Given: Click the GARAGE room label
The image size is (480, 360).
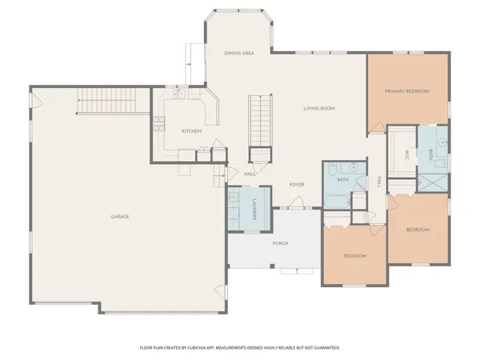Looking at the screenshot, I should pos(120,217).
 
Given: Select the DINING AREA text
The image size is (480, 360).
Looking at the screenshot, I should pos(239,53).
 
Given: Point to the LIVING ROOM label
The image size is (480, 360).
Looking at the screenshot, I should pos(318,108).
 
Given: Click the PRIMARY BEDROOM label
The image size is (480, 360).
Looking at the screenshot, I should pos(406,91).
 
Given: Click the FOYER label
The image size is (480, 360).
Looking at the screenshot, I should pos(297,185).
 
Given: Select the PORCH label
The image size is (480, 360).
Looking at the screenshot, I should pos(280,243).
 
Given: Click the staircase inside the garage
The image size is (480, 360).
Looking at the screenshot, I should pos(109,102).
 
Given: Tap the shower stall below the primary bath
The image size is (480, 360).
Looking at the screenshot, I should pos(434,179).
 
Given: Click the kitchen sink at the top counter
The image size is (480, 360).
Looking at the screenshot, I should pos(182,94).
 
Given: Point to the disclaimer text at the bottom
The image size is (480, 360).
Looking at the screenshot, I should pos(240,348).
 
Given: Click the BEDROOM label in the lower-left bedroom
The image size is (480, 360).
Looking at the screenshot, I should pos(354,256).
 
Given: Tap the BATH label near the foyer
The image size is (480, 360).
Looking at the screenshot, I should pos(342,180).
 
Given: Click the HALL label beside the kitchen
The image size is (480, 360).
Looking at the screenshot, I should pos(250,174).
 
